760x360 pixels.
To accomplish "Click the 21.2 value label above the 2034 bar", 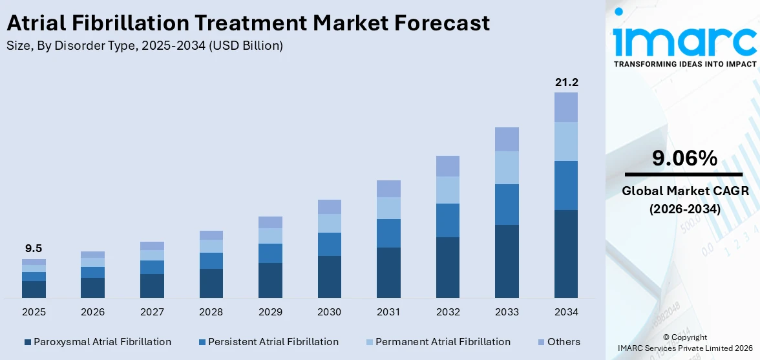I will point(566,82).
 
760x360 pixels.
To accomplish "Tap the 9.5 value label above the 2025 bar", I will point(34,249).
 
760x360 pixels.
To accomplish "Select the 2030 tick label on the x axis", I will point(329,312).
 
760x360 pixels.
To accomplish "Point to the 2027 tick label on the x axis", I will point(152,312).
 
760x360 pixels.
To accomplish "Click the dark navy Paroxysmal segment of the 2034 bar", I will point(566,253).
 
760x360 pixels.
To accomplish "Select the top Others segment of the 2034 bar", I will point(566,107).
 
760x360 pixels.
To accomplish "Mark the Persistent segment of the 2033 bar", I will point(507,204).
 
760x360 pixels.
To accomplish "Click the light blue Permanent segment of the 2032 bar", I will point(447,190).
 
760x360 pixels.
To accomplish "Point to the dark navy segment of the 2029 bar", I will point(270,281).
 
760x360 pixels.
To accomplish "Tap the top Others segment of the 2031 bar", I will point(388,189).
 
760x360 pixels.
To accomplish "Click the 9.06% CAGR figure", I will point(684,158).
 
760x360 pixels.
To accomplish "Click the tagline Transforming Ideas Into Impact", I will point(684,64).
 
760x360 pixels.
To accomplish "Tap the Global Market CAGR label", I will point(684,191).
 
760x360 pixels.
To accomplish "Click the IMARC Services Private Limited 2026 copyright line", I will point(684,348).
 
